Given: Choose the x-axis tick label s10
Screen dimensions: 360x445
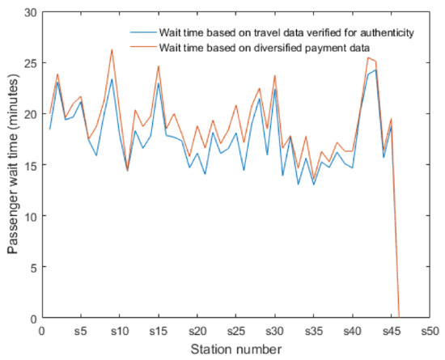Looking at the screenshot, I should (120, 331).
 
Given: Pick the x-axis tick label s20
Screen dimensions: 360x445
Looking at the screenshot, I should (197, 331).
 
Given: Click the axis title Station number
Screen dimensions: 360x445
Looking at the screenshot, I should (235, 349).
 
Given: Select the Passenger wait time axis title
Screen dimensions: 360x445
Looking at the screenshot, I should (13, 165).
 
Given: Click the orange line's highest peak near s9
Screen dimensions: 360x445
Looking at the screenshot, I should (112, 50).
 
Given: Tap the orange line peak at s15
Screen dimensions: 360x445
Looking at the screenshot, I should (159, 66).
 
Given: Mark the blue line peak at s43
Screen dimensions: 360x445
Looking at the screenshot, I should (375, 70).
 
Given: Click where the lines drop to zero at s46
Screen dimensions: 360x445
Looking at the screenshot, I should (399, 317).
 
